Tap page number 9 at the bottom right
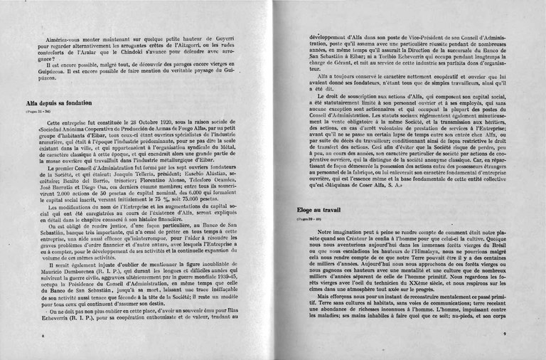point(503,333)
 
